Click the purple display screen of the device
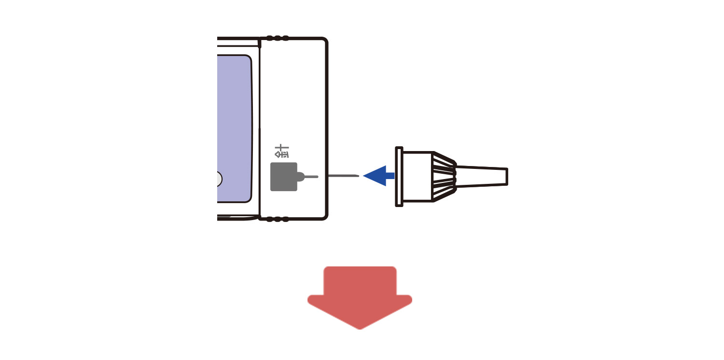[x=234, y=129]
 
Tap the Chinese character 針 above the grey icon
[x=281, y=151]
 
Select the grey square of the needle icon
[x=283, y=177]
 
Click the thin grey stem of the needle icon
[x=312, y=177]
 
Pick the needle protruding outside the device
[x=344, y=176]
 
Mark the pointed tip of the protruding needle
[x=359, y=176]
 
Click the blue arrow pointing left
[x=378, y=176]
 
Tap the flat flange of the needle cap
[x=399, y=177]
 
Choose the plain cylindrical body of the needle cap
[x=418, y=177]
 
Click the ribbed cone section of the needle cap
[x=445, y=177]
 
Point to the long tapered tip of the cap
[x=482, y=177]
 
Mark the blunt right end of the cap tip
[x=507, y=177]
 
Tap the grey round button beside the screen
[x=219, y=179]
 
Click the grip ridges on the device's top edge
[x=278, y=38]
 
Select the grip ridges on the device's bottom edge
[x=278, y=220]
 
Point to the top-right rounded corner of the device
[x=324, y=41]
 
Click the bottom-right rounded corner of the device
[x=324, y=217]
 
